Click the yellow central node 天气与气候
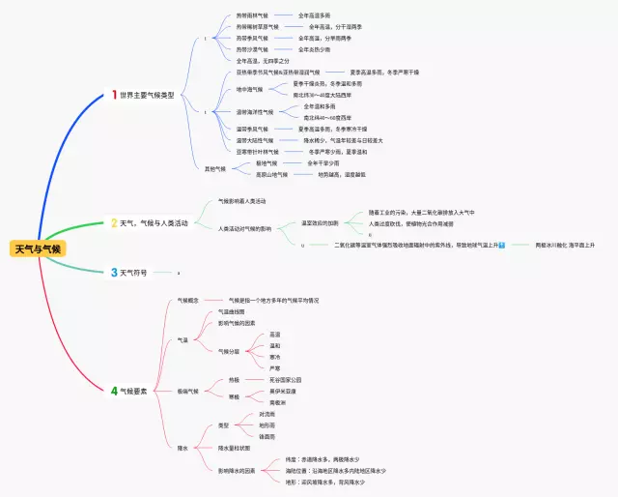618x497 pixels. tap(39, 249)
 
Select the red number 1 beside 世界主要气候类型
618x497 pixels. tap(114, 95)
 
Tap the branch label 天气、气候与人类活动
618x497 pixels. tap(155, 223)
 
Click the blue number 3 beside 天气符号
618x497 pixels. tap(114, 274)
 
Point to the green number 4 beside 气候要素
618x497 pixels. tap(114, 391)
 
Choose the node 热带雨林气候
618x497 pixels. tap(253, 15)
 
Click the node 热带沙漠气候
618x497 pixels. tap(253, 49)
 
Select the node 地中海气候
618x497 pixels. tap(249, 90)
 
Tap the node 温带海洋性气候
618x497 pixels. tap(256, 112)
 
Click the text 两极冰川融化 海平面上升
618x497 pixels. tap(565, 246)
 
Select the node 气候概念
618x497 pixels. tap(187, 301)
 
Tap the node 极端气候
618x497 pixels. tap(187, 391)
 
